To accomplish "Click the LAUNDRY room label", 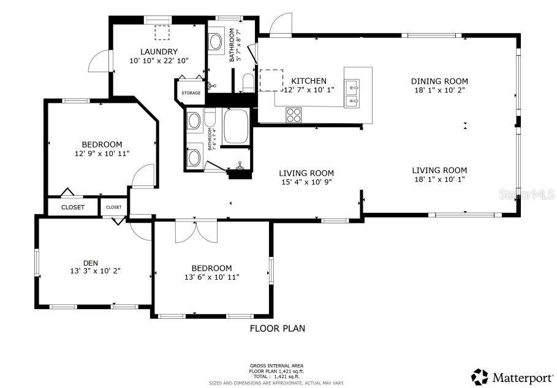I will [x=158, y=51].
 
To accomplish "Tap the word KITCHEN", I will [x=309, y=81].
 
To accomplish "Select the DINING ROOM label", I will [x=439, y=81].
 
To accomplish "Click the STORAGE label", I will [x=191, y=93].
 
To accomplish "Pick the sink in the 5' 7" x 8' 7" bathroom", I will [x=216, y=42].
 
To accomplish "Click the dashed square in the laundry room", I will [x=162, y=32].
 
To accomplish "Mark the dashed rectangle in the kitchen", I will [x=270, y=80].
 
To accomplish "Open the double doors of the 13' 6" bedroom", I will [x=195, y=231].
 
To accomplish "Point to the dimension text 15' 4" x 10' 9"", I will [x=306, y=182].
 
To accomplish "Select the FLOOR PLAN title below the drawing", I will [x=277, y=329].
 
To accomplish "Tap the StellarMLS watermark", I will [x=526, y=195].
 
